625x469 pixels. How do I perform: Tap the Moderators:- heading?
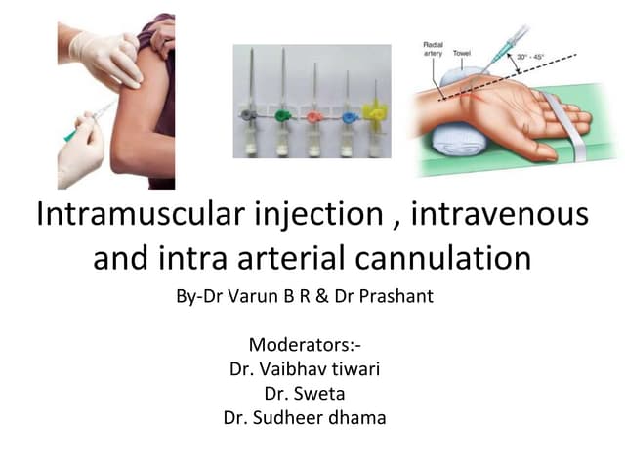pyautogui.click(x=312, y=345)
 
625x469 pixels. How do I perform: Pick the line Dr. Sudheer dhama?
pyautogui.click(x=312, y=418)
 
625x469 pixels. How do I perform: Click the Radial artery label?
pyautogui.click(x=435, y=51)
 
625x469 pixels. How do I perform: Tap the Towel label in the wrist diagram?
pyautogui.click(x=476, y=46)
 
